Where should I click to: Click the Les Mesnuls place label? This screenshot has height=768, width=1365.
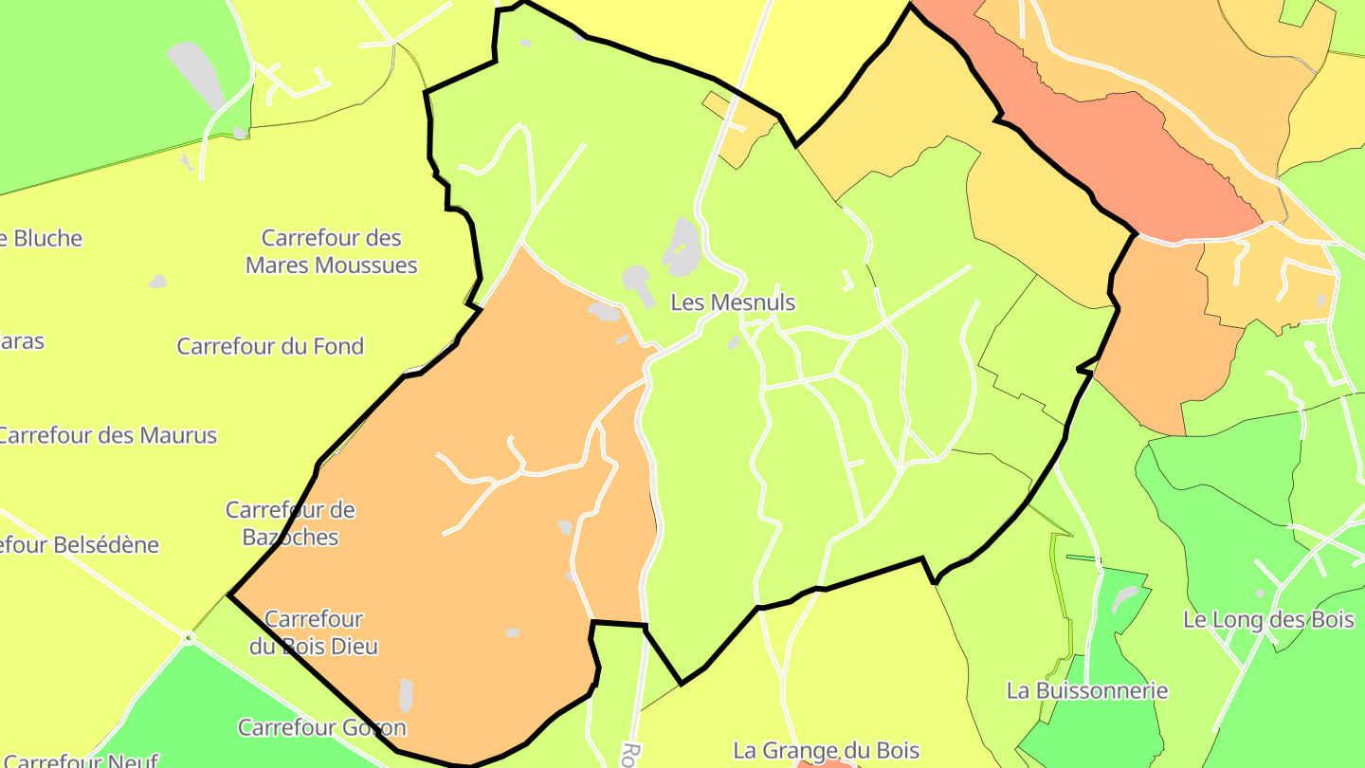[x=733, y=302]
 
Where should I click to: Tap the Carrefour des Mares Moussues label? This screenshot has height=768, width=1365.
[x=331, y=251]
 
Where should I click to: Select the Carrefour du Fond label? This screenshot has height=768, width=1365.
[x=270, y=346]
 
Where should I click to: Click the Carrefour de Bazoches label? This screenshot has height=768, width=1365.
[x=290, y=523]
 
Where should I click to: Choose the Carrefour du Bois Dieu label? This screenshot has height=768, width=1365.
[x=314, y=632]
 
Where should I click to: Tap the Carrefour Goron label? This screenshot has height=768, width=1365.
[x=321, y=727]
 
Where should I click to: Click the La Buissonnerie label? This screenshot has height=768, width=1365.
[x=1087, y=690]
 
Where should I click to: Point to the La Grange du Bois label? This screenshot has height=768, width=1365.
[x=826, y=750]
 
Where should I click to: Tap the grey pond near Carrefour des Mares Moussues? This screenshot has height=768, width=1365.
[x=157, y=282]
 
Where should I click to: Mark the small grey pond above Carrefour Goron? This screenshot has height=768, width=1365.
[x=407, y=695]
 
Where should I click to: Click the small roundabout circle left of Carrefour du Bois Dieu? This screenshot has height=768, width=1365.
[x=190, y=638]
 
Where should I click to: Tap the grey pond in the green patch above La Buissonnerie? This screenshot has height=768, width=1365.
[x=1124, y=598]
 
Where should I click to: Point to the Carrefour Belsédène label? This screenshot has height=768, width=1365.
[x=80, y=545]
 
